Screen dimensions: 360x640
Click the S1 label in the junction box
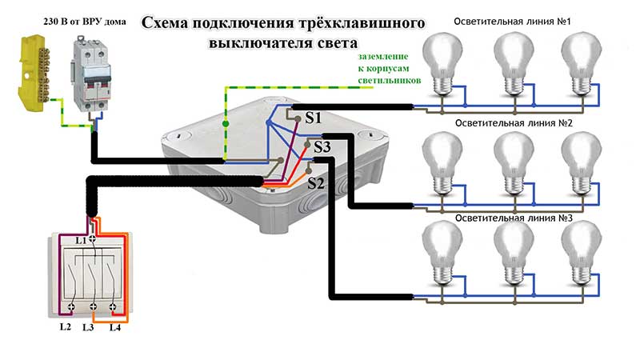[x=314, y=118]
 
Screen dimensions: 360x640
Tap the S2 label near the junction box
[x=316, y=182]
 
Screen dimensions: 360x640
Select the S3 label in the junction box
[x=322, y=147]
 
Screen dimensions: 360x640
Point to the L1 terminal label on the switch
[x=81, y=240]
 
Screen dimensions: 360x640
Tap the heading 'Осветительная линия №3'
[x=512, y=218]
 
